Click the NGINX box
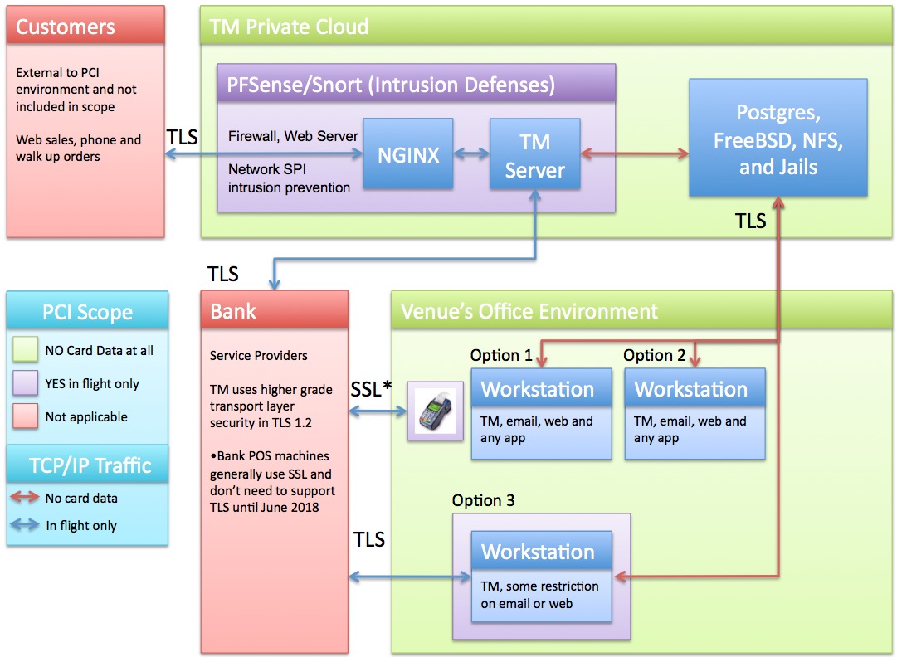[x=408, y=153]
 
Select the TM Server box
[x=534, y=154]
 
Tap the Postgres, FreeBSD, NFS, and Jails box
[x=778, y=139]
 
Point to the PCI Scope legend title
[x=87, y=312]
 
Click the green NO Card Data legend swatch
[x=27, y=351]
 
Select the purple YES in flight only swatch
[x=27, y=383]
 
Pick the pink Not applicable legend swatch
[x=27, y=416]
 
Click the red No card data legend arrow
[x=27, y=499]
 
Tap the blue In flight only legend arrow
[x=27, y=525]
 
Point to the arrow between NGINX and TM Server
[x=471, y=154]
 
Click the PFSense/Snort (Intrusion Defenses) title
[x=391, y=84]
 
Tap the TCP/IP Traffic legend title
[x=87, y=465]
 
